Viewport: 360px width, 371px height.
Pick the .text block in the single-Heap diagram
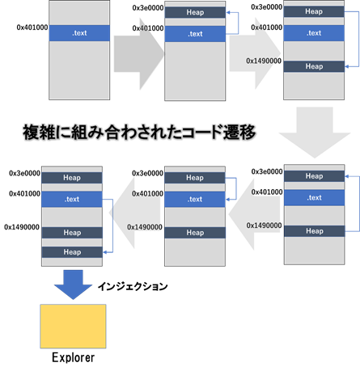[x=195, y=34]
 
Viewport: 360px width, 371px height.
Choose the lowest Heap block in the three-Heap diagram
[x=72, y=251]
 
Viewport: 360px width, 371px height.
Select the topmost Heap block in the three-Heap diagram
[x=72, y=177]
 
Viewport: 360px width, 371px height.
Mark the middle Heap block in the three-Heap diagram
[x=72, y=232]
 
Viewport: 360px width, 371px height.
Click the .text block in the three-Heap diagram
[x=72, y=198]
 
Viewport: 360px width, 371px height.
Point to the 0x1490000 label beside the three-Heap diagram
[x=22, y=227]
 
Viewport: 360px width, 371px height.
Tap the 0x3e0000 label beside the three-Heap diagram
[x=23, y=173]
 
